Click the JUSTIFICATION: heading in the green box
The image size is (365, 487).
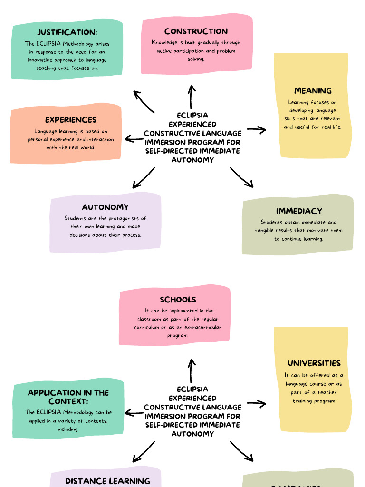coord(67,32)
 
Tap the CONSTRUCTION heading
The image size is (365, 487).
coord(196,31)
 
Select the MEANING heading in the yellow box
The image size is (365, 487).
coord(313,91)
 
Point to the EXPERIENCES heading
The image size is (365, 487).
coord(71,120)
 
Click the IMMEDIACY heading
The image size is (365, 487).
coord(299,211)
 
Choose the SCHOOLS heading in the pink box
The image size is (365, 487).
coord(178,300)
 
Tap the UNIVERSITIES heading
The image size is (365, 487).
coord(314,363)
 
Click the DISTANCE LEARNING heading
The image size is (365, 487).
coord(107,481)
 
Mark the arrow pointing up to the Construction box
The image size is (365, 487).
coord(192,97)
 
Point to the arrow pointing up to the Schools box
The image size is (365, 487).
coord(192,370)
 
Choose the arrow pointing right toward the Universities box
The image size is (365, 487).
coord(257,404)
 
